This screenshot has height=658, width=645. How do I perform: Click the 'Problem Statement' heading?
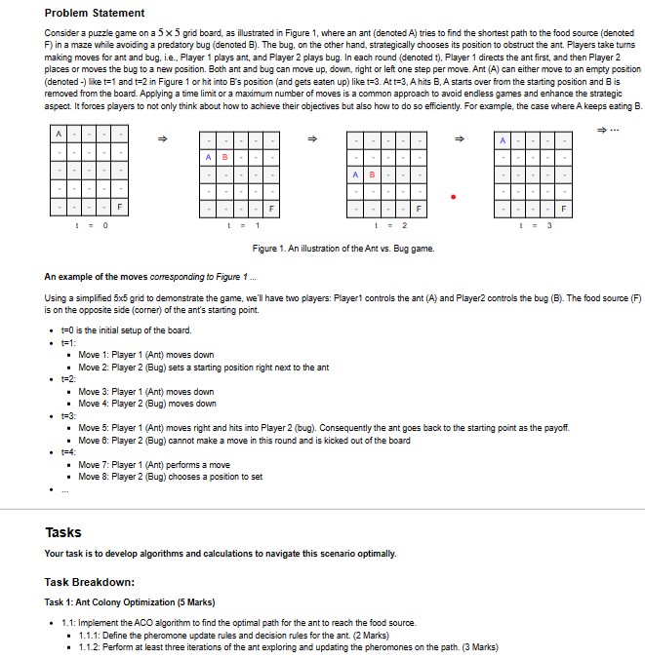coord(95,13)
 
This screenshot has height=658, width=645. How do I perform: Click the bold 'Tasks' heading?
coord(63,532)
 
